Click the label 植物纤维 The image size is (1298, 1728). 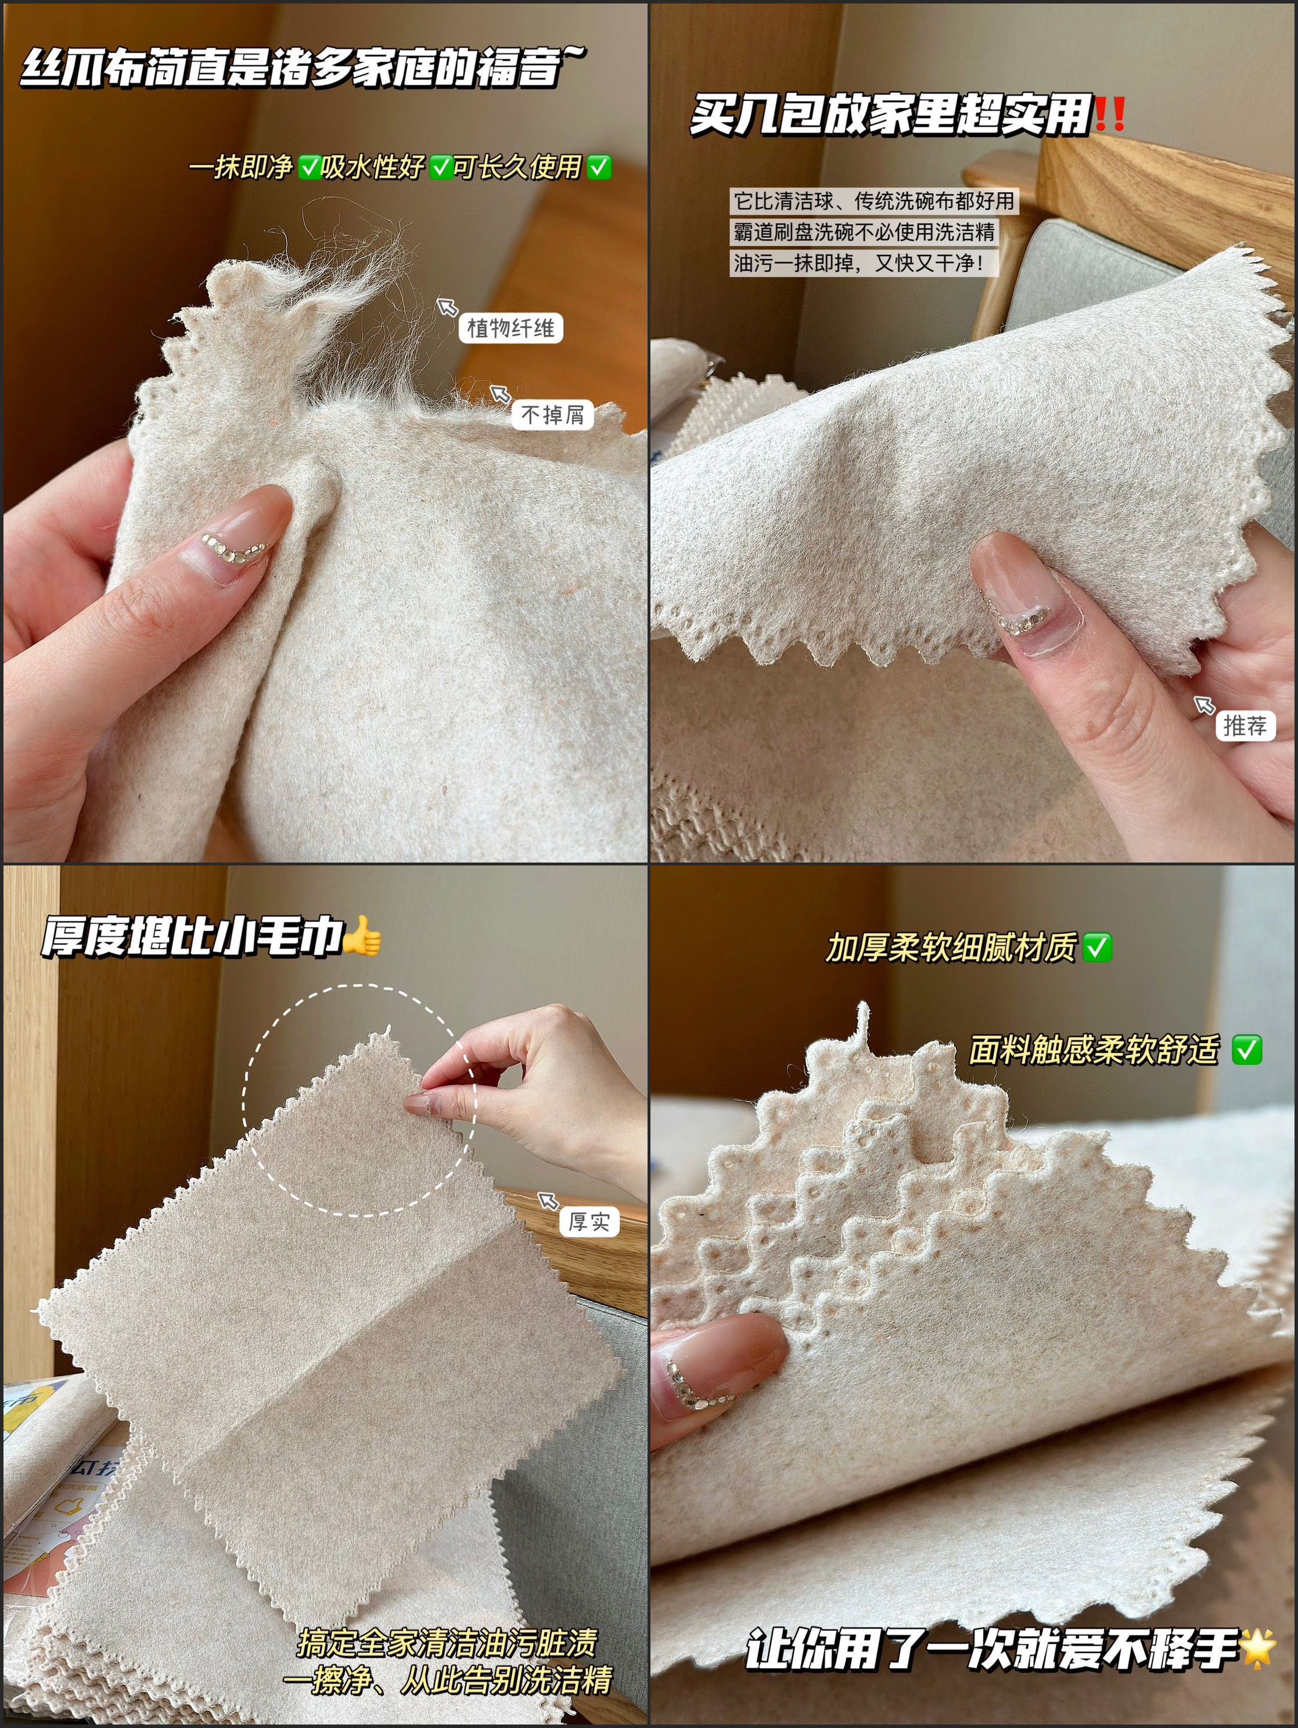coord(510,328)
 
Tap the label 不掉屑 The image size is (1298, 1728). coord(553,414)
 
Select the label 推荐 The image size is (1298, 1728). coord(1245,725)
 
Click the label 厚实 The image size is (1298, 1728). coord(589,1221)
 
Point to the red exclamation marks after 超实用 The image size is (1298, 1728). coord(1110,114)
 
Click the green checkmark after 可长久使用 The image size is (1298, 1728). coord(599,166)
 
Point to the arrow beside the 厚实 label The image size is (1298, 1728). coord(548,1200)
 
